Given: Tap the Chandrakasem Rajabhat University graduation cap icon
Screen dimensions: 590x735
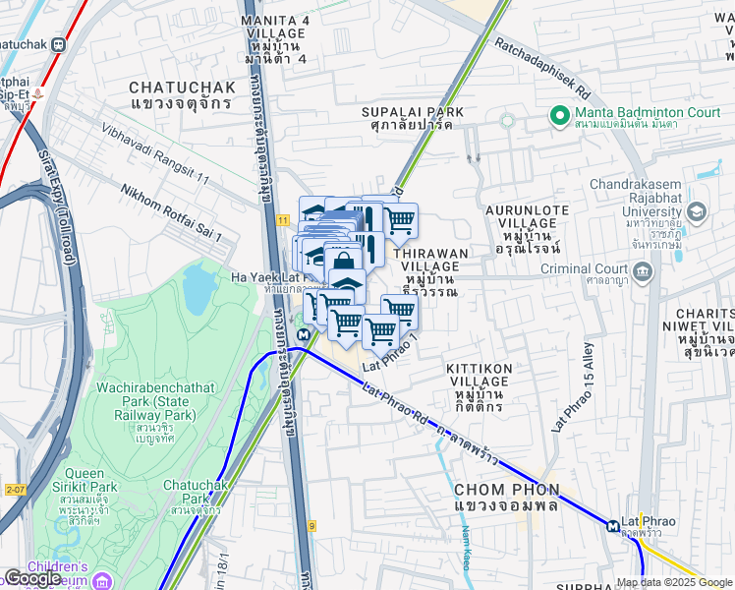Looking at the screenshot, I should [697, 211].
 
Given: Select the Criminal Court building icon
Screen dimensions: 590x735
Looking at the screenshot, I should [643, 271].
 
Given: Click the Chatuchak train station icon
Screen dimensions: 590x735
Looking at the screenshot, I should [60, 44].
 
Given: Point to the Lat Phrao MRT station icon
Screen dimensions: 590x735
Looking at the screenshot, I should [613, 525].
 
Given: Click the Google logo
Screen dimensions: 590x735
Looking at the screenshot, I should [31, 578].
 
